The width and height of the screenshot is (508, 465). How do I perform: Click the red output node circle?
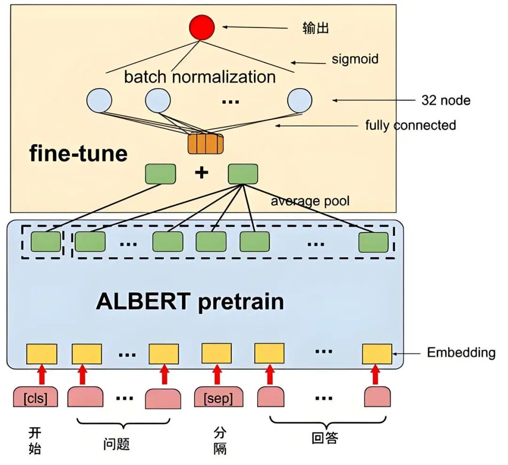(202, 27)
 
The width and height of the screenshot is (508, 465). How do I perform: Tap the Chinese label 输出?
(316, 28)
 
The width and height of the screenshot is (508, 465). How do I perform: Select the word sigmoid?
(355, 59)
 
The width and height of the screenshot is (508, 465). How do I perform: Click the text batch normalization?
(200, 77)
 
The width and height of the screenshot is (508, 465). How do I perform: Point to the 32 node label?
(446, 100)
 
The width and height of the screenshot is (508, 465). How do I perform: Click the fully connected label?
(411, 125)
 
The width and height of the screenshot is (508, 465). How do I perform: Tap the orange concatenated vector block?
(206, 143)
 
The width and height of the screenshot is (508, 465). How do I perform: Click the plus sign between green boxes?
(201, 172)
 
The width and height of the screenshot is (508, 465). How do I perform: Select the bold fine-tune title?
(79, 153)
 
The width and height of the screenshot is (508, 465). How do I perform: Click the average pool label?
(310, 201)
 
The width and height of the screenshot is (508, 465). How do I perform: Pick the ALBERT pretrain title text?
(190, 302)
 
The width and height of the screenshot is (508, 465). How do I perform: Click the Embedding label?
(461, 352)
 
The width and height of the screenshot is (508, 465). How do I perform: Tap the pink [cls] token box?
(35, 397)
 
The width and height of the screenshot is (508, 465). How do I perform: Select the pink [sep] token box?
(218, 397)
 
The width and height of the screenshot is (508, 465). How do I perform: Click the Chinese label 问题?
(117, 444)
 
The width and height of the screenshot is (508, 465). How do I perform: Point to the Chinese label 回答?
(325, 438)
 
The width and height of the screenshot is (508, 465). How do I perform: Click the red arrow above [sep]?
(217, 375)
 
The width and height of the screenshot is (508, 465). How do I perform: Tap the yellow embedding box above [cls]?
(41, 354)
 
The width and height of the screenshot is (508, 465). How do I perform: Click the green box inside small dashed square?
(46, 241)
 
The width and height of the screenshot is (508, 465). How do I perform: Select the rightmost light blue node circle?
(300, 100)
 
